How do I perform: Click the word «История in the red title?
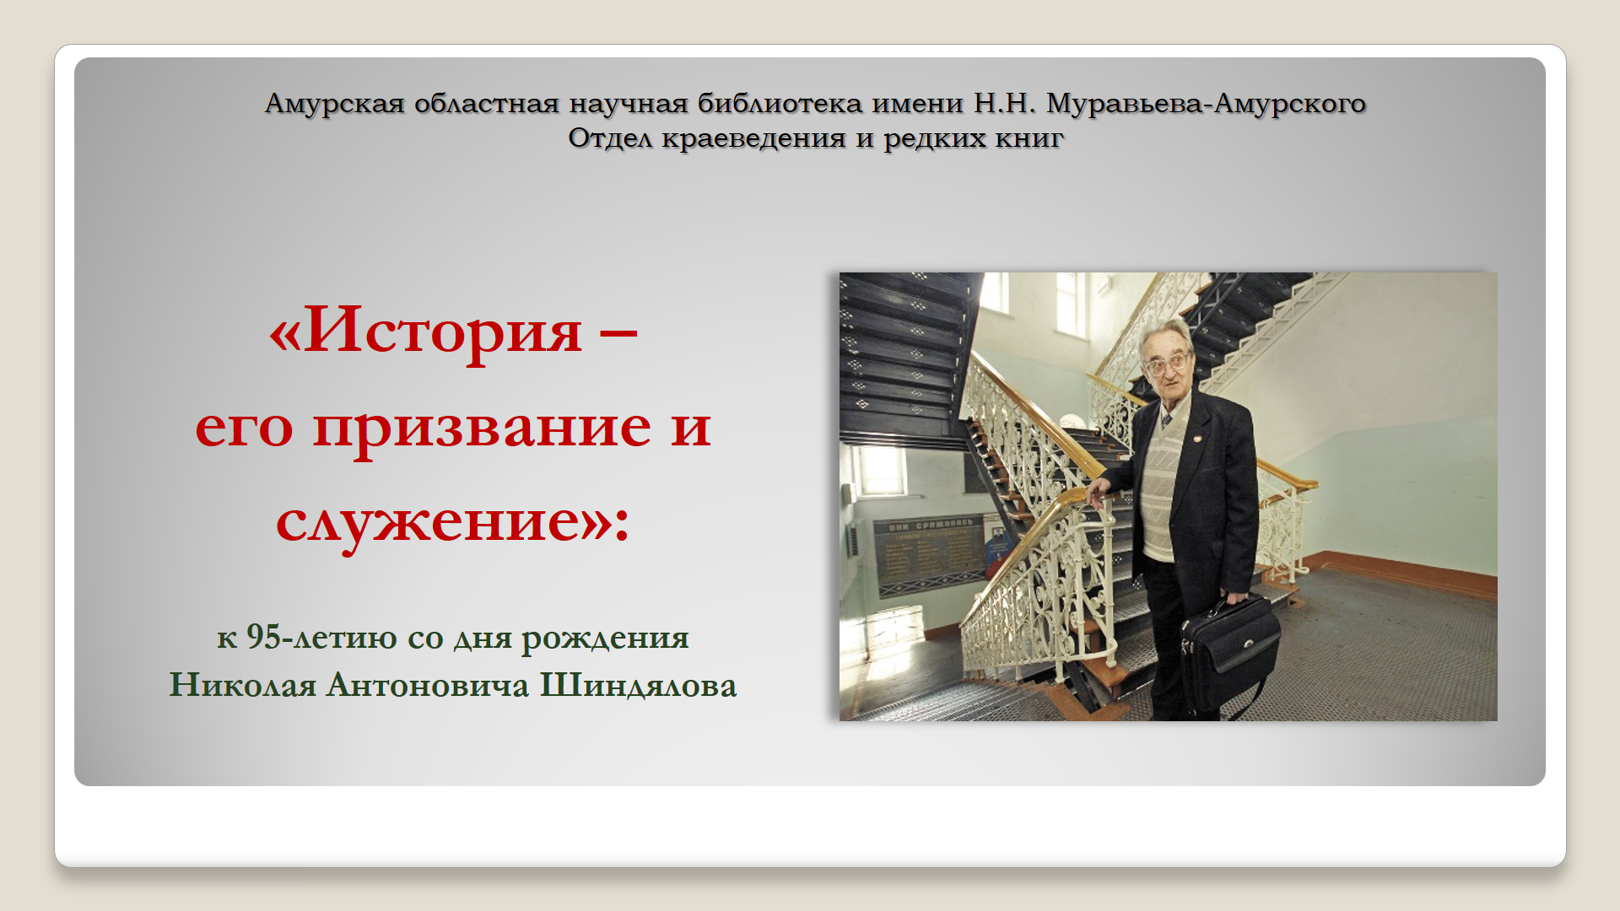coord(425,331)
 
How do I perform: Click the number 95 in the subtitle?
coord(263,637)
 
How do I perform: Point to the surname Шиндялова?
coord(639,685)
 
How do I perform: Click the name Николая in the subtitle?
coord(243,685)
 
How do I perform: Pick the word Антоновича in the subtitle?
coord(428,685)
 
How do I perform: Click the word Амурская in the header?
coord(335,104)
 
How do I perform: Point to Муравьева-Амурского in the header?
coord(1207,104)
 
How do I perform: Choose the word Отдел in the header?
coord(611,137)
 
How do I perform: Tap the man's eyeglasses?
coord(1167,365)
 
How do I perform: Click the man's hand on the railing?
coord(1099,491)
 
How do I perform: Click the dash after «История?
coord(618,334)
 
